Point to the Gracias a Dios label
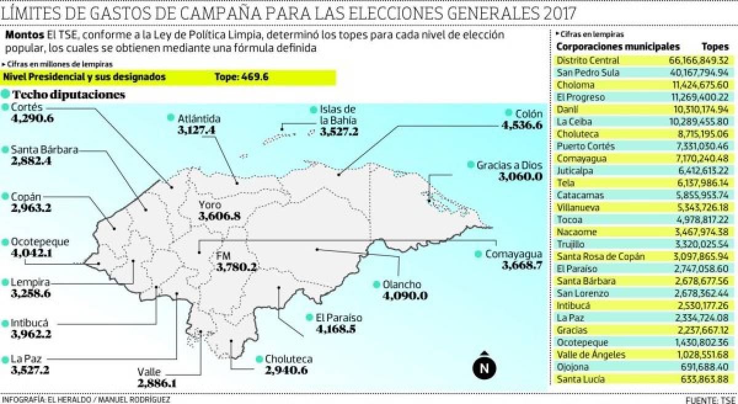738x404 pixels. [x=509, y=165]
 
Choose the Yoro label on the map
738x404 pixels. [x=209, y=204]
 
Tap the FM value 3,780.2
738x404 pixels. [x=236, y=267]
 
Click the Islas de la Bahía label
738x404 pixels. [x=334, y=115]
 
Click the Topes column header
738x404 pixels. [x=715, y=47]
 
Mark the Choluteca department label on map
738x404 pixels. [x=288, y=359]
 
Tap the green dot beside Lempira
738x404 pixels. [x=5, y=283]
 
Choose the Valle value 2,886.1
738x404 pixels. [x=157, y=383]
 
